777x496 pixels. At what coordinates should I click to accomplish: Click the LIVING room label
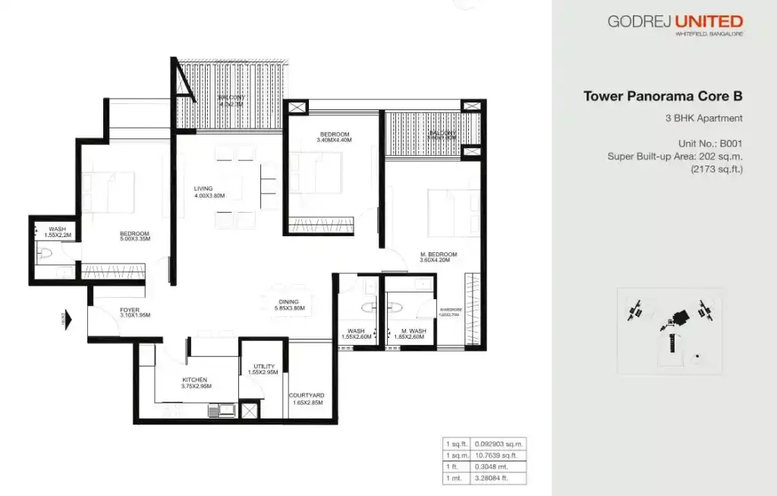pos(203,188)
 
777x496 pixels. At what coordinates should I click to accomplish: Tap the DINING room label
pos(288,302)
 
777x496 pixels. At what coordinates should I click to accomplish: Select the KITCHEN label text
pos(194,380)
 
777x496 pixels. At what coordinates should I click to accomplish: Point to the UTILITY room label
pos(264,367)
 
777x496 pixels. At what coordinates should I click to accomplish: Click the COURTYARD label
pos(307,395)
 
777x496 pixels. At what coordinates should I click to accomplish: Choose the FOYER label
pos(129,309)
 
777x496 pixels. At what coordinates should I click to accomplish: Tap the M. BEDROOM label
pos(439,254)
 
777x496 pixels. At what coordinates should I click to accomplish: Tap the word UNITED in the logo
pos(705,21)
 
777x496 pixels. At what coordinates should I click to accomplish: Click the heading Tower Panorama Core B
pos(662,96)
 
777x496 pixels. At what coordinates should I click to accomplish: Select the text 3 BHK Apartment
pos(703,118)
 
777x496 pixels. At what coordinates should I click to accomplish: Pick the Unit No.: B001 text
pos(709,143)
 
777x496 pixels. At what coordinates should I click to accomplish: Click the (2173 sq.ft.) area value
pos(716,169)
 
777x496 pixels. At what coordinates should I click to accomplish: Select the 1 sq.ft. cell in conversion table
pos(456,443)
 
